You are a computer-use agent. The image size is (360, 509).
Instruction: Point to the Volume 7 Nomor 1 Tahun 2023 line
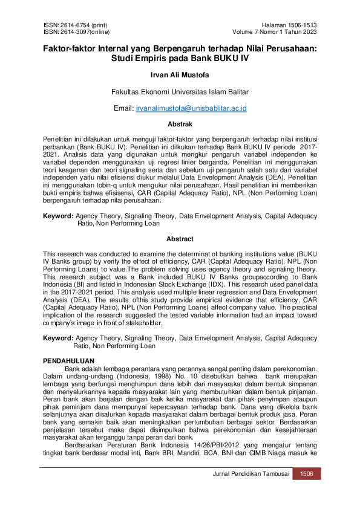coord(275,31)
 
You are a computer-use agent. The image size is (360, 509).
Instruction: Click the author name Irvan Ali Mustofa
coord(180,76)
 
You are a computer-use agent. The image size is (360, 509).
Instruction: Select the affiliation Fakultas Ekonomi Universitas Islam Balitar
coord(180,92)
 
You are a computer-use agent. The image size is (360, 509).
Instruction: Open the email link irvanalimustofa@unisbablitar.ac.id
coord(195,108)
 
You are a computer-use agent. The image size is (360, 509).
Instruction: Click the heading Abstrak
coord(180,124)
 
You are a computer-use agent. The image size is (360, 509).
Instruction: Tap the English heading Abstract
coord(180,239)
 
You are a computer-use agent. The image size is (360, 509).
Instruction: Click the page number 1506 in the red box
coord(306,474)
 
